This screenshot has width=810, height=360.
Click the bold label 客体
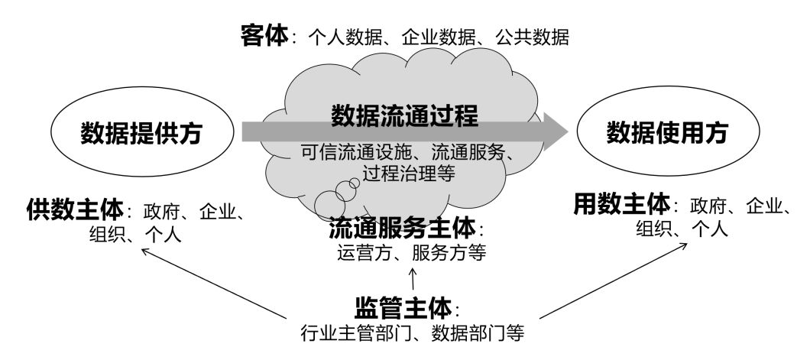264,36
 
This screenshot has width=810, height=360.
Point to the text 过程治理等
410,174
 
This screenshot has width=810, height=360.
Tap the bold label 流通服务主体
403,227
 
